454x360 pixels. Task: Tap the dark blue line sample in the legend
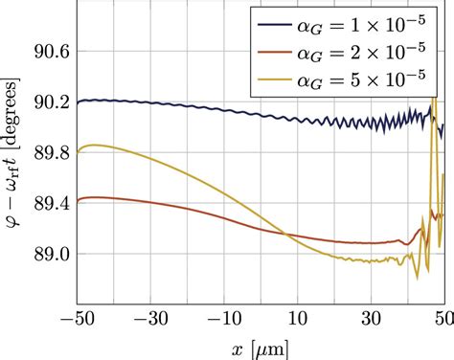(275, 18)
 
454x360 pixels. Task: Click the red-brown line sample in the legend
(275, 44)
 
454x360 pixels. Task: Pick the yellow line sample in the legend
(275, 70)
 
